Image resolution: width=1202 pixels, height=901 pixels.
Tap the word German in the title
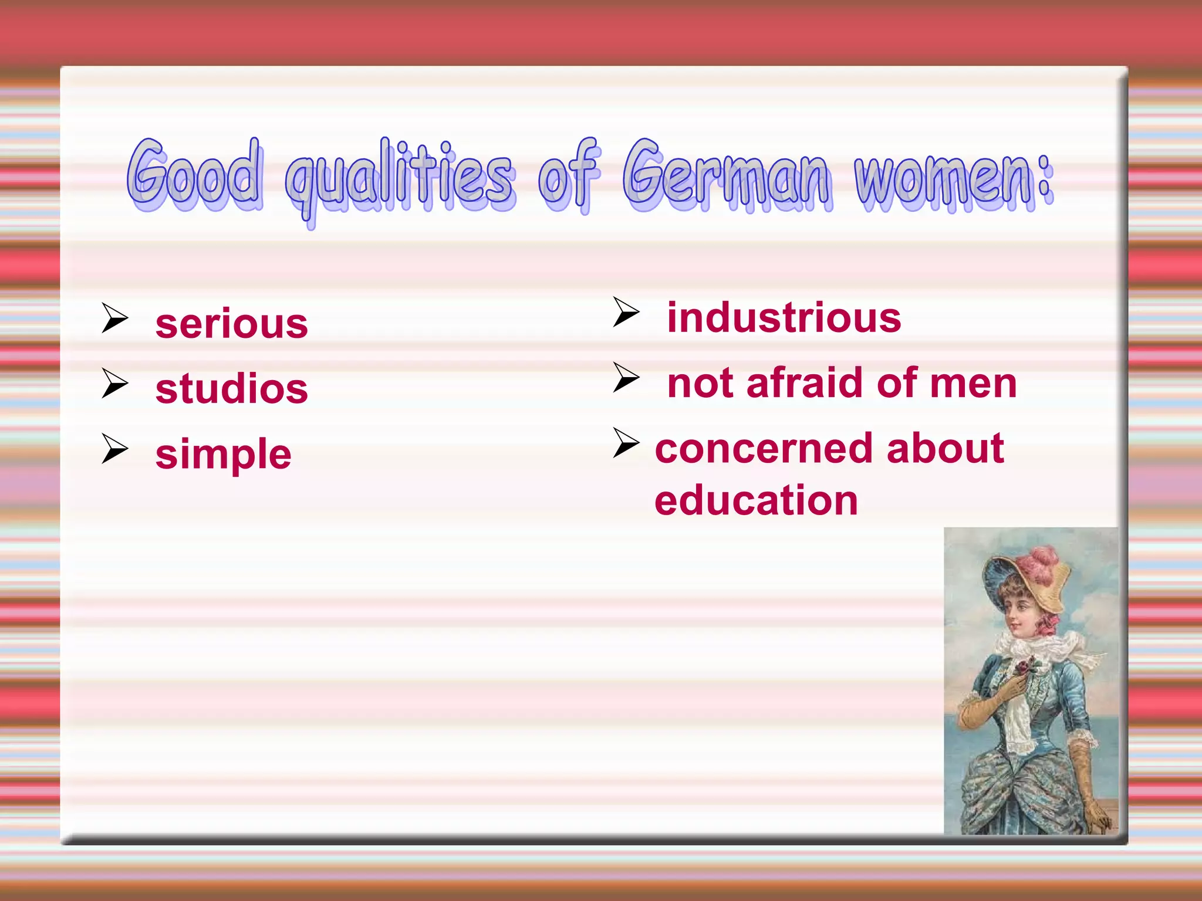(x=727, y=176)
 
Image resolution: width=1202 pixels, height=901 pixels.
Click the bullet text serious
(x=231, y=324)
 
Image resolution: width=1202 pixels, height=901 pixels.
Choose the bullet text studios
(x=231, y=389)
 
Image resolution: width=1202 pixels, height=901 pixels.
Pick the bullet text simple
(x=223, y=455)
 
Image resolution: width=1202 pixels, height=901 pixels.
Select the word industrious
(x=784, y=317)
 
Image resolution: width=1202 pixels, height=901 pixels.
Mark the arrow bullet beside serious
(x=114, y=318)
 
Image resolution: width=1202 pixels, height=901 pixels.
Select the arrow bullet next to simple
(x=114, y=449)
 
